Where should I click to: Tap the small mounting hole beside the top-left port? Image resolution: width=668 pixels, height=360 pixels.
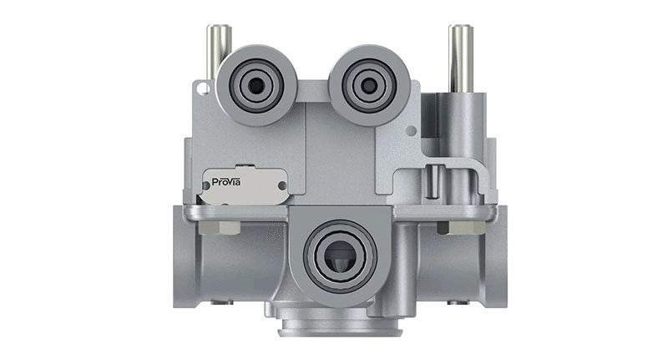(x=200, y=87)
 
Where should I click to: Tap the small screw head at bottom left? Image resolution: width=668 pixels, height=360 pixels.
(x=219, y=302)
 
